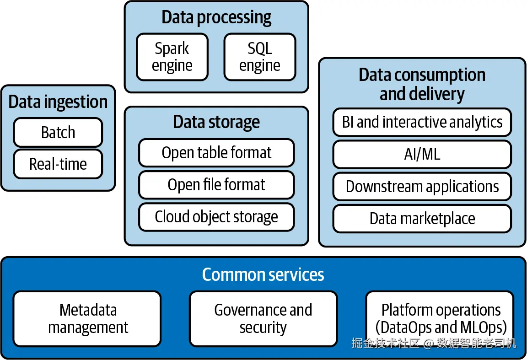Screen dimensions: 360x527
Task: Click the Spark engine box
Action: pos(172,57)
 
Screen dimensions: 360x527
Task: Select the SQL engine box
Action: pos(259,57)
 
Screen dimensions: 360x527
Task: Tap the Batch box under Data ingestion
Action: pos(58,132)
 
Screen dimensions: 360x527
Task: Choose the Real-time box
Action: pos(58,164)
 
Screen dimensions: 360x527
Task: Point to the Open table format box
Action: pos(216,153)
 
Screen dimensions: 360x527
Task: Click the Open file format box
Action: pos(216,185)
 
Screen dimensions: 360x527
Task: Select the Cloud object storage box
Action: pos(216,216)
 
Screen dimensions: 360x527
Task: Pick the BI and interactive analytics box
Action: pos(422,122)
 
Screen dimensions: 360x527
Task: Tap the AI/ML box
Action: pos(422,154)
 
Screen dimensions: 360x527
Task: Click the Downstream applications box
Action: pos(422,187)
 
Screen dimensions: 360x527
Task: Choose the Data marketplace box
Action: pos(422,219)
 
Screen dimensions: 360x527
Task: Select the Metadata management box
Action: pos(87,319)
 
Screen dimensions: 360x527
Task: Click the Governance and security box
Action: pos(263,319)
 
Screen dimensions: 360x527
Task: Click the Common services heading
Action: pos(263,274)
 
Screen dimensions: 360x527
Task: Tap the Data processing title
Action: pos(216,17)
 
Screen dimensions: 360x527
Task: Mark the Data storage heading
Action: pos(216,122)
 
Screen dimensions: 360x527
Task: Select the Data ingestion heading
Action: pos(58,102)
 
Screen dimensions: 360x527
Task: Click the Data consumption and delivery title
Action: pos(422,84)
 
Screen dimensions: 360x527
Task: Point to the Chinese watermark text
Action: pos(434,343)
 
